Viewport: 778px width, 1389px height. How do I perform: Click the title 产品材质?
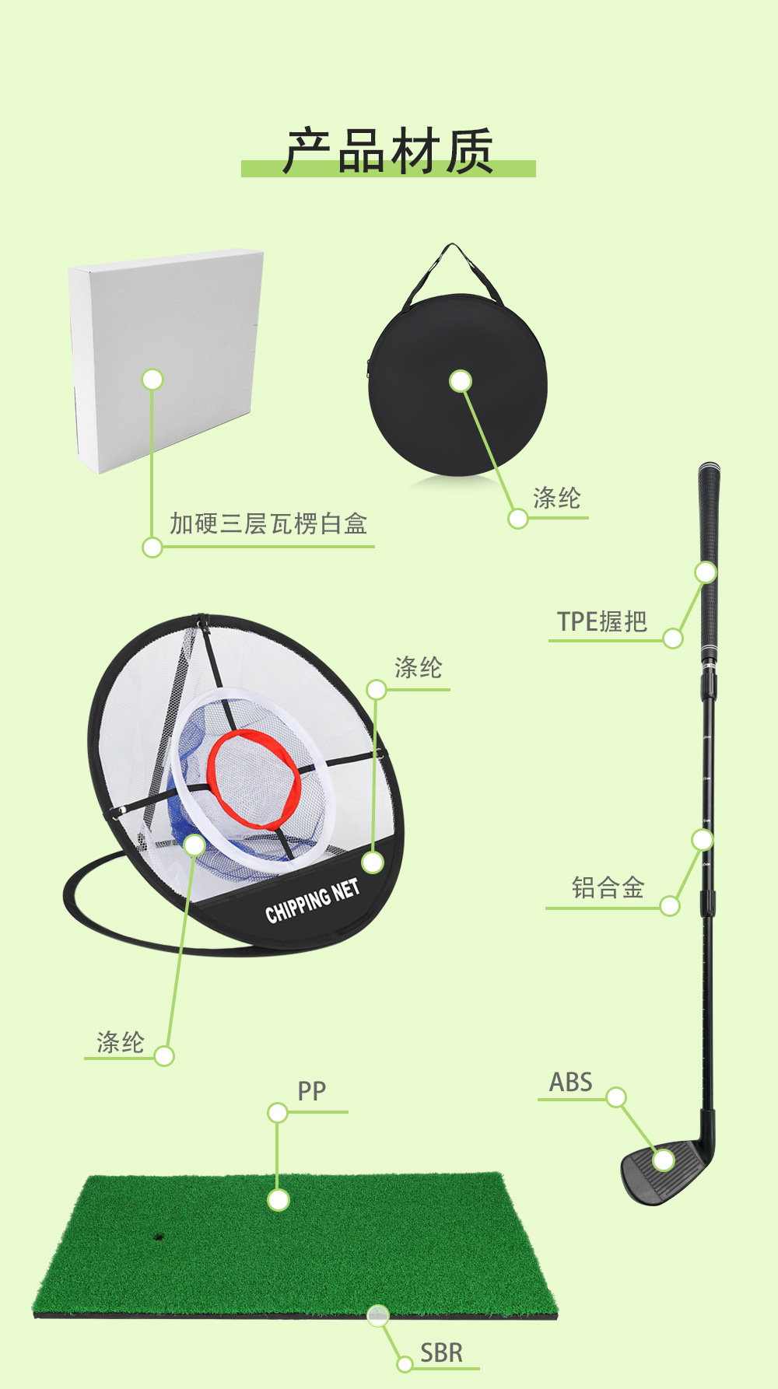click(x=388, y=151)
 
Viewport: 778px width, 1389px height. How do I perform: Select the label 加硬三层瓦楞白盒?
click(x=268, y=523)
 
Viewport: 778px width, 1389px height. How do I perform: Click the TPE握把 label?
click(x=602, y=621)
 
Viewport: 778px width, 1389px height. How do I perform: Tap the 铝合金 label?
click(x=608, y=887)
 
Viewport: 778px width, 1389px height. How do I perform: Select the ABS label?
click(x=570, y=1082)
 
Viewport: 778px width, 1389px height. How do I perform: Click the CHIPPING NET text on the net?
click(x=312, y=901)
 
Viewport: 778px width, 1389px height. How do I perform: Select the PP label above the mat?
click(x=311, y=1091)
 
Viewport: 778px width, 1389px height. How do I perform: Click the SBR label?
click(x=441, y=1352)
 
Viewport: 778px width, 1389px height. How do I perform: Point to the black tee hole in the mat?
click(x=159, y=1235)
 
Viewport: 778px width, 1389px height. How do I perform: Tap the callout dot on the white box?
click(x=152, y=380)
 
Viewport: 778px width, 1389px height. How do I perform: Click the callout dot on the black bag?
click(x=461, y=381)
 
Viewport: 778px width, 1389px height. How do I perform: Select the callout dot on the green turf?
click(x=278, y=1199)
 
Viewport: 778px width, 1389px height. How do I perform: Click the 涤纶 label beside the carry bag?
click(x=556, y=499)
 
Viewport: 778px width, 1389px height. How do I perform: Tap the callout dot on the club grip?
click(x=706, y=572)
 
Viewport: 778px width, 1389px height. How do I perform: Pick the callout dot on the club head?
click(x=664, y=1160)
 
